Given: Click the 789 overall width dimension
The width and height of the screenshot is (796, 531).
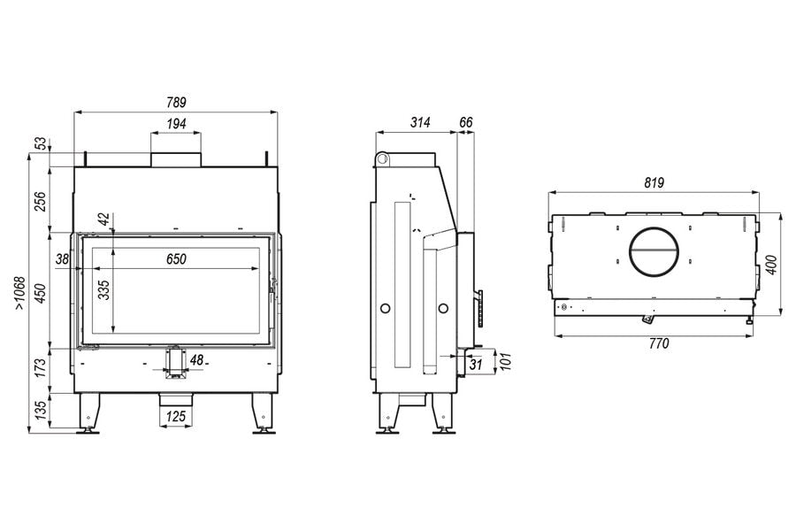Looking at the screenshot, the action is pos(176,102).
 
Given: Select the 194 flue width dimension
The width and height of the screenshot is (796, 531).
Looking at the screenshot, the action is pos(176,124).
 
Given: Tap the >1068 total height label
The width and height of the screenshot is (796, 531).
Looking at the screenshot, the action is pos(19,293).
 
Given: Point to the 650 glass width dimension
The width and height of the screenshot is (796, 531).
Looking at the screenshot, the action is pos(176,259).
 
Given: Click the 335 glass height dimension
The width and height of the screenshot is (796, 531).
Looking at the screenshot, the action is pos(104,290).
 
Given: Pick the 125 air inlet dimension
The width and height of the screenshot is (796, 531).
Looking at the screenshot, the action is pos(176,417).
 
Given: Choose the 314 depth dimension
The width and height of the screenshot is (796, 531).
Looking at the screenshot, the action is pos(420,122).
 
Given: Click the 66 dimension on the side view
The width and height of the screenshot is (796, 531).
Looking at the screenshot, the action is pos(465,122).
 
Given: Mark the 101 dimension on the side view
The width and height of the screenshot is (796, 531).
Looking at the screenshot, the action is pos(505,362).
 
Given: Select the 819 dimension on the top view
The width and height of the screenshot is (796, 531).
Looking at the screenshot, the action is pos(654,182).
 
